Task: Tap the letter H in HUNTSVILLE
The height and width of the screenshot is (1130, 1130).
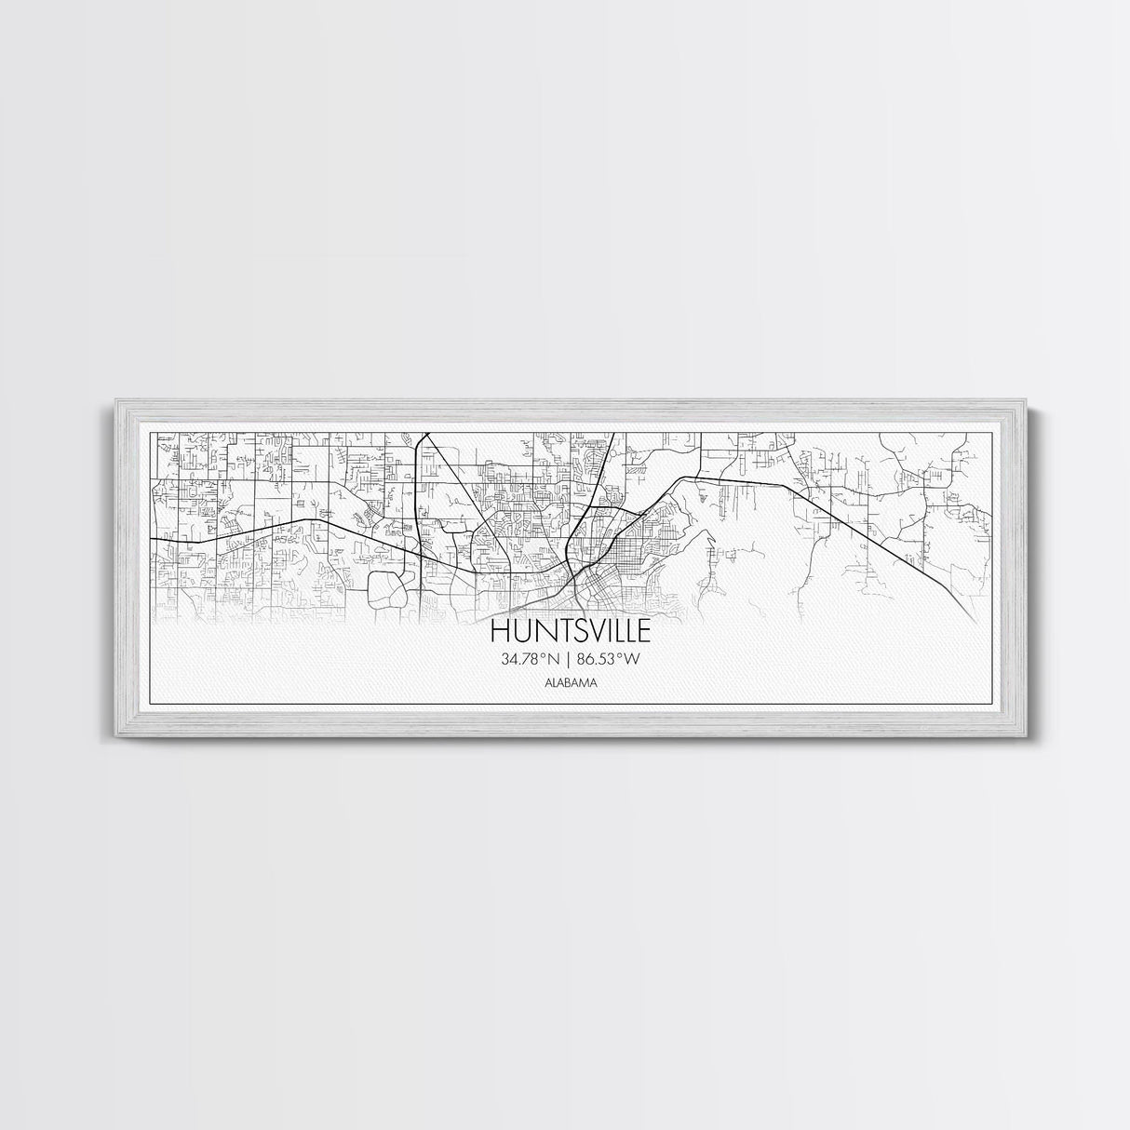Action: tap(499, 632)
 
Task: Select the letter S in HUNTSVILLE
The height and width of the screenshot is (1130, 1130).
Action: tap(569, 632)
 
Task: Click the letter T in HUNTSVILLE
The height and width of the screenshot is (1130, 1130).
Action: tap(551, 632)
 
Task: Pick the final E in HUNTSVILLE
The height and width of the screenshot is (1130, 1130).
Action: tap(643, 632)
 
